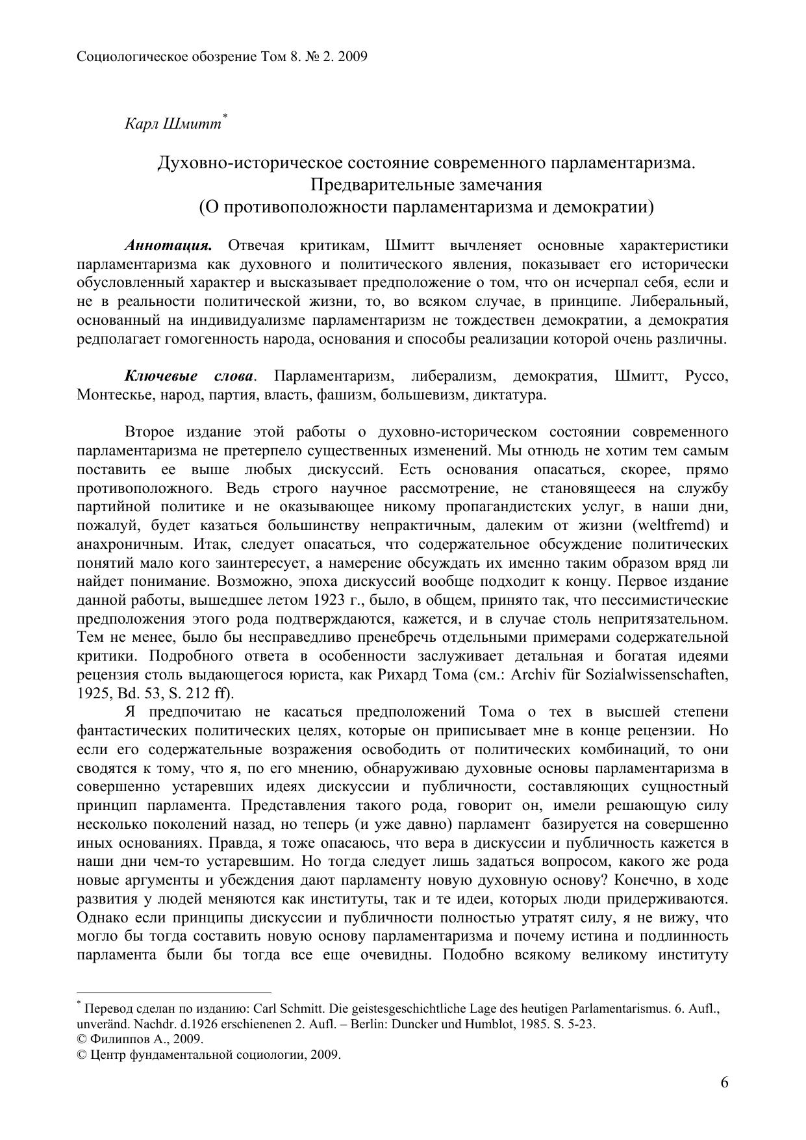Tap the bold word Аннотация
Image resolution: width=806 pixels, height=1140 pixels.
pos(168,246)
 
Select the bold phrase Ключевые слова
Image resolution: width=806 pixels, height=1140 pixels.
pos(189,377)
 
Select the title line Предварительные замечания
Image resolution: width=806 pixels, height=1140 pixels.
pos(426,185)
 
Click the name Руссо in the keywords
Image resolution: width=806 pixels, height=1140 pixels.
pos(706,377)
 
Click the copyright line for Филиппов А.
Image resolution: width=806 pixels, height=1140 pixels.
pos(140,1038)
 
